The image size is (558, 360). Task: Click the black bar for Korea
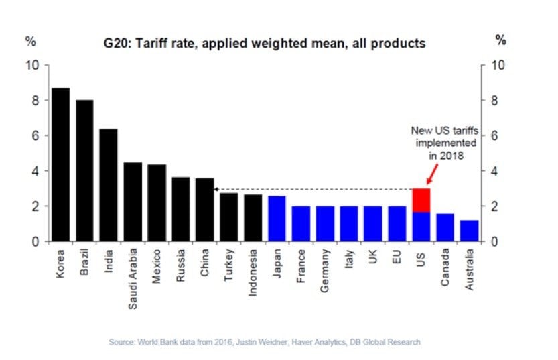click(60, 164)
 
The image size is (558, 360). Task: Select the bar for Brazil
click(84, 170)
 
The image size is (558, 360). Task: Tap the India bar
click(109, 185)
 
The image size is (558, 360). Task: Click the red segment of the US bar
click(421, 200)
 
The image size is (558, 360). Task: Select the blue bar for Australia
click(470, 231)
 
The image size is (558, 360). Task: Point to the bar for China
click(204, 209)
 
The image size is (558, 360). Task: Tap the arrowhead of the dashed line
click(217, 190)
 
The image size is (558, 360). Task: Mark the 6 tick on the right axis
click(496, 135)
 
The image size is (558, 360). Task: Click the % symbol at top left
click(30, 40)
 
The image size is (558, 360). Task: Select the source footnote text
click(265, 342)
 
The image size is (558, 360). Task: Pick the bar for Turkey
click(228, 217)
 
